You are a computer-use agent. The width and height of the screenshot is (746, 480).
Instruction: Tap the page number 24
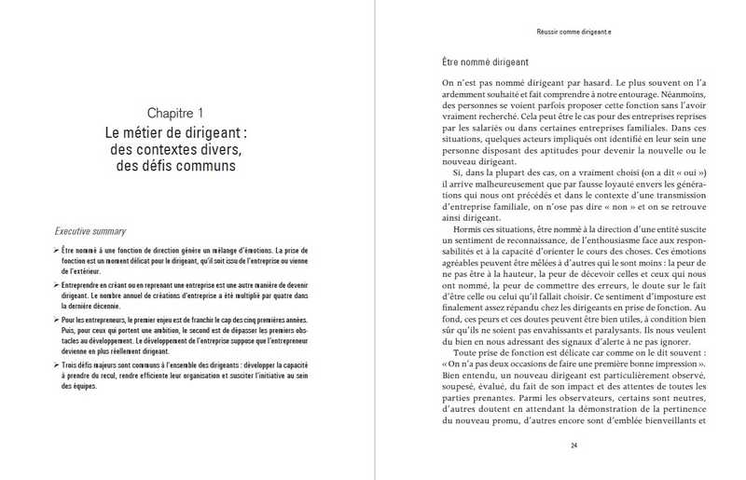pyautogui.click(x=574, y=445)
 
